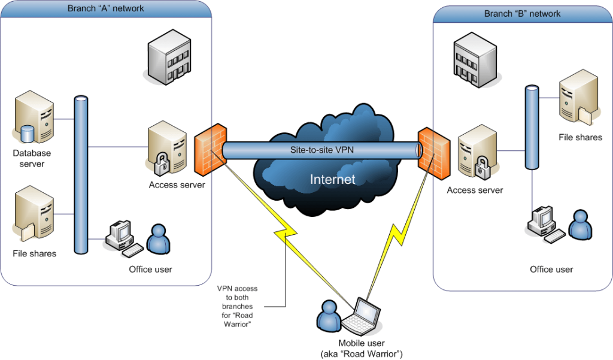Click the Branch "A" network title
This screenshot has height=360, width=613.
tap(107, 8)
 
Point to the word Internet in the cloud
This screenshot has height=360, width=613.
tap(332, 179)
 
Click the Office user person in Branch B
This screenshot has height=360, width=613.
tap(579, 224)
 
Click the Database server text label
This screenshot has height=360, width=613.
tap(32, 158)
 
